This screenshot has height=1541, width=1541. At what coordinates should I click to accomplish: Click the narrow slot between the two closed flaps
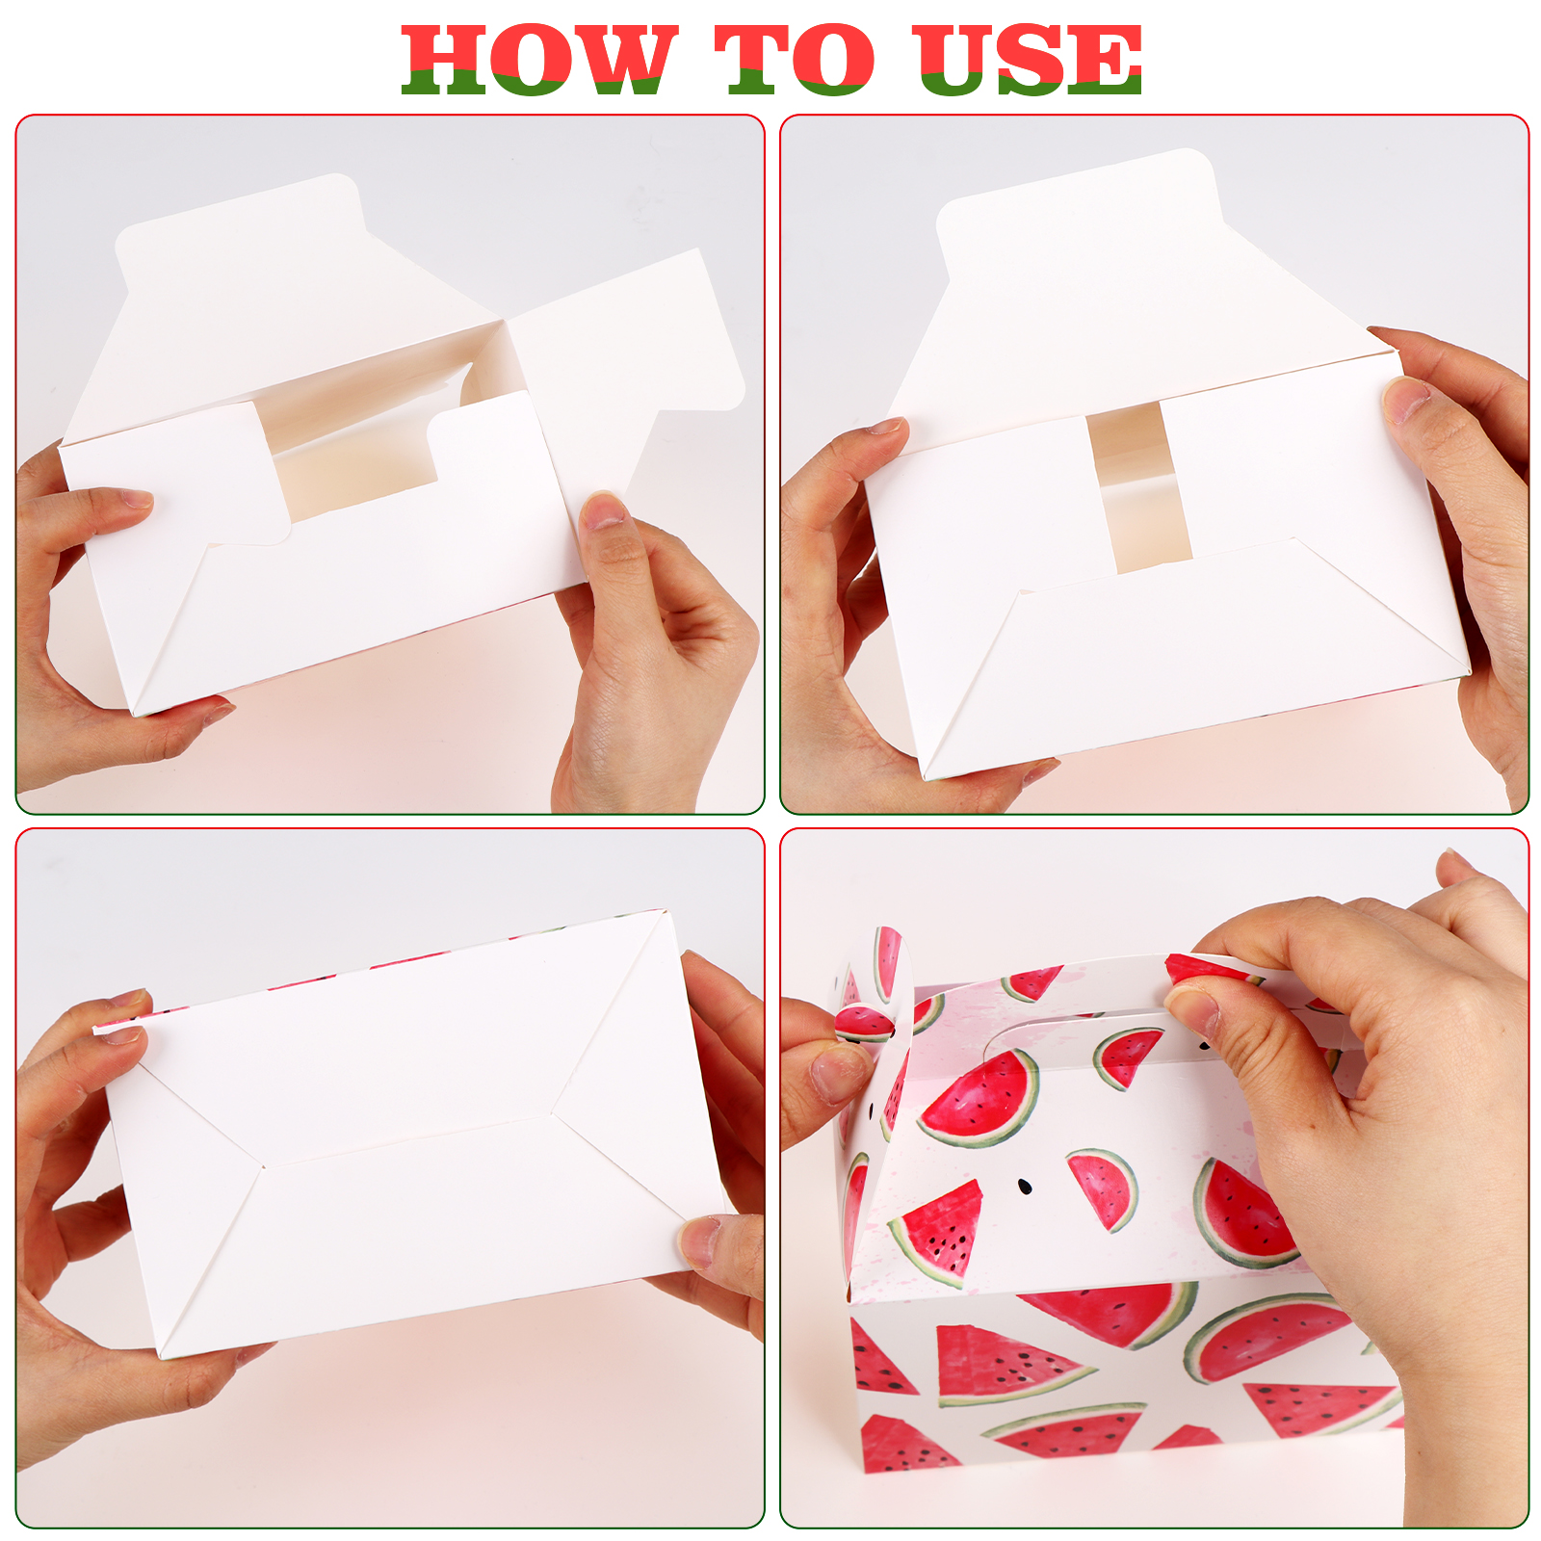coord(1139,486)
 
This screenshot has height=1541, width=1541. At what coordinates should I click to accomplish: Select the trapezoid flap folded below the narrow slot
coord(1194,655)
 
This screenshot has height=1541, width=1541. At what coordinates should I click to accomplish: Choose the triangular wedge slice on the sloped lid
coord(938,1233)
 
